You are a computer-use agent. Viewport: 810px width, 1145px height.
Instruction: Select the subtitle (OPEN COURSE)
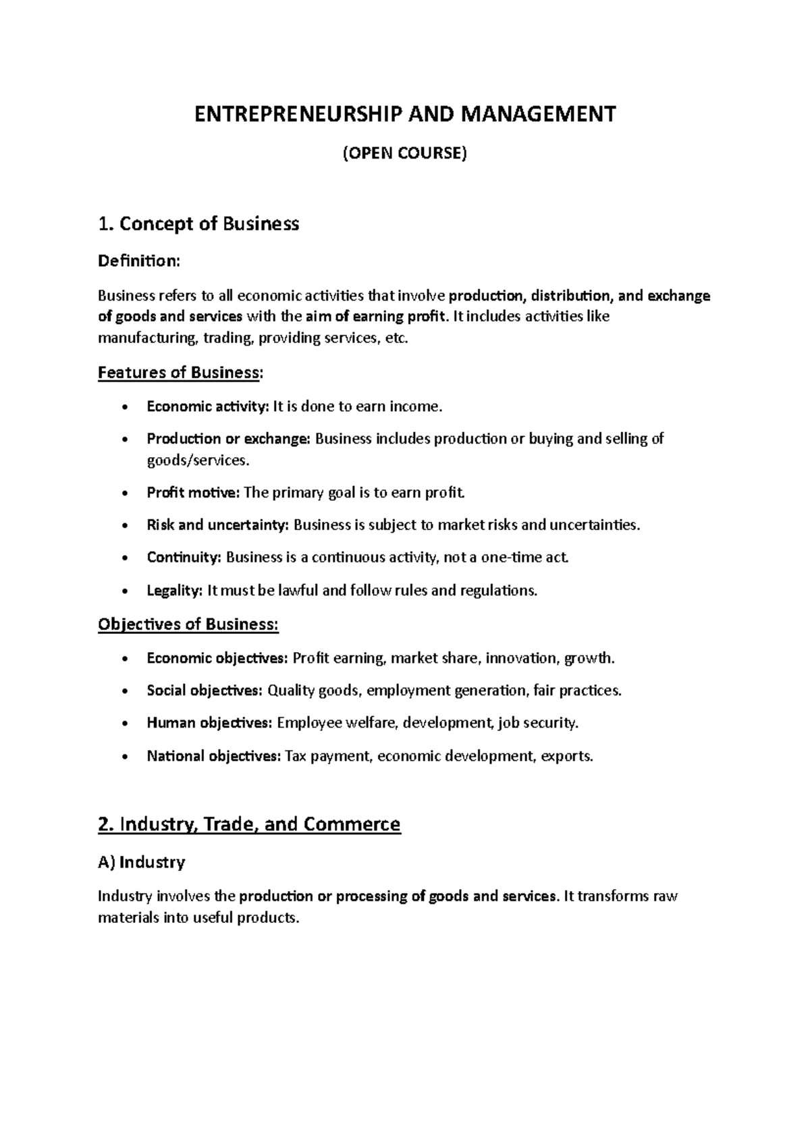[405, 154]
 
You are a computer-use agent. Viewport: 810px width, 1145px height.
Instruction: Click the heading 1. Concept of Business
[198, 223]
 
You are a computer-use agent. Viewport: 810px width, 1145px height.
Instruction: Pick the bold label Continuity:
[184, 558]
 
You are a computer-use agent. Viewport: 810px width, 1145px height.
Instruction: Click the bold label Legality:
[174, 591]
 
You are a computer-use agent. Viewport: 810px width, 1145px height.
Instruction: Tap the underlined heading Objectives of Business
[188, 624]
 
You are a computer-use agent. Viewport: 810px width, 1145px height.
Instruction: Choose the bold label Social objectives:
[205, 691]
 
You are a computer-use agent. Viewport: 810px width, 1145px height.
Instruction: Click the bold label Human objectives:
[209, 723]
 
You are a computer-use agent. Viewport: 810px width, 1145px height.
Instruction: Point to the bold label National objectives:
[213, 756]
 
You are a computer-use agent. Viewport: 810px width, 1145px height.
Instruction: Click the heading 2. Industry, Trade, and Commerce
[249, 824]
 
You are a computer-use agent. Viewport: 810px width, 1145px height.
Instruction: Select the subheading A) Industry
[142, 862]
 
